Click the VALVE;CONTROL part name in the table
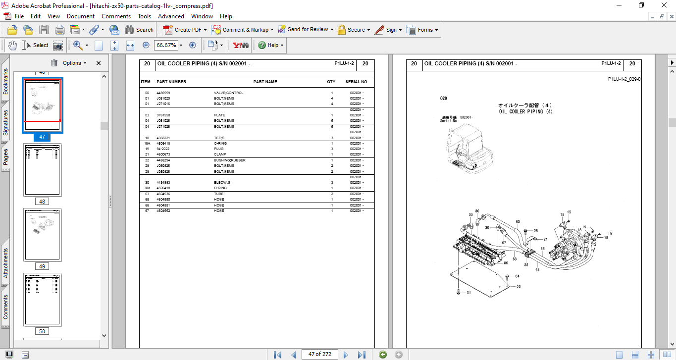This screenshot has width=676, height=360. point(228,93)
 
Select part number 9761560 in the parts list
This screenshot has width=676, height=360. point(163,115)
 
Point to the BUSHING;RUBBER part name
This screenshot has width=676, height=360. point(229,160)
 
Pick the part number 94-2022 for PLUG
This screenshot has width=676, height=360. point(162,149)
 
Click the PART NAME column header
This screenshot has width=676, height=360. point(265,82)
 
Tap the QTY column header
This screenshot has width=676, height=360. point(331,82)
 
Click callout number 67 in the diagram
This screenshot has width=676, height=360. point(504,243)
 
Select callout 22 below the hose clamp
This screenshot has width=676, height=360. point(526,264)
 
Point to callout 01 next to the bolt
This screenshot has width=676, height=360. point(468,293)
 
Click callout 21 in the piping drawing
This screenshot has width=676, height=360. point(545,239)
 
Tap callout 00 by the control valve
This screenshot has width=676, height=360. point(506,263)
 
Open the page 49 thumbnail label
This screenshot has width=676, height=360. point(42,266)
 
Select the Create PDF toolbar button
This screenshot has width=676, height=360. point(183,30)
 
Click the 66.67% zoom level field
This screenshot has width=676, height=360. point(166,45)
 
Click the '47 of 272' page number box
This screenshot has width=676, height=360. point(320,354)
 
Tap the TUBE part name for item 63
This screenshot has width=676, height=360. point(219,194)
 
